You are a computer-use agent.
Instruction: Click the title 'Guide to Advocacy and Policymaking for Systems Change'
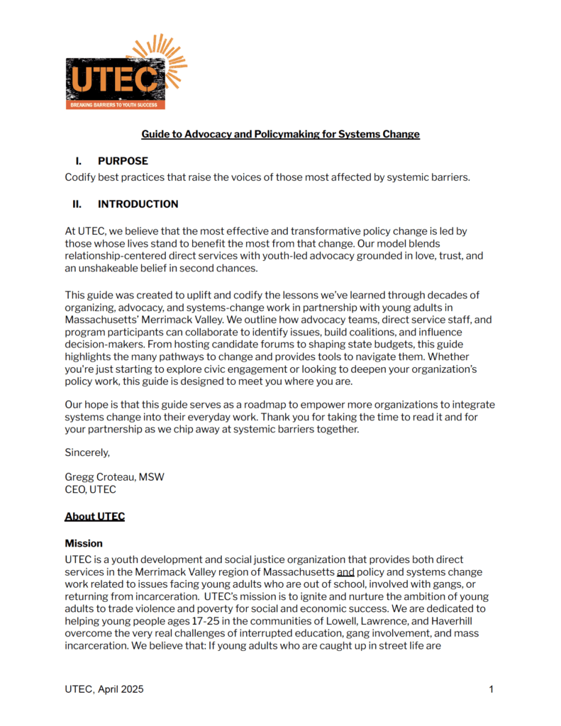click(x=280, y=134)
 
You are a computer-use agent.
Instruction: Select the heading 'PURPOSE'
click(x=123, y=161)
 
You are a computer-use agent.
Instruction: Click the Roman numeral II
click(x=77, y=204)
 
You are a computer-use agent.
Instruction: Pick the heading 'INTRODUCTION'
click(x=138, y=204)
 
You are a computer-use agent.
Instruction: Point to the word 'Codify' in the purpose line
click(x=81, y=177)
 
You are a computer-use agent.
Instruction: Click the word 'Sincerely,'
click(x=87, y=452)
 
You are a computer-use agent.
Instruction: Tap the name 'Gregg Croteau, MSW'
click(x=114, y=477)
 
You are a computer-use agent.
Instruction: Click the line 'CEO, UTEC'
click(x=90, y=489)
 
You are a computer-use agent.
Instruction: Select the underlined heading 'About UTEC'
click(x=94, y=516)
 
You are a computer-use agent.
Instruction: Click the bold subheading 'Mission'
click(x=84, y=543)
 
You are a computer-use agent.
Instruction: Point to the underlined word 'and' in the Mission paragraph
click(x=345, y=571)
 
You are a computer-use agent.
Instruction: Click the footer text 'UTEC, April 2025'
click(x=104, y=689)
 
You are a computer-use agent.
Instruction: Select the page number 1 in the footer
click(x=491, y=689)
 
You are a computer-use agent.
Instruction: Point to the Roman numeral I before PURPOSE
click(x=78, y=161)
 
